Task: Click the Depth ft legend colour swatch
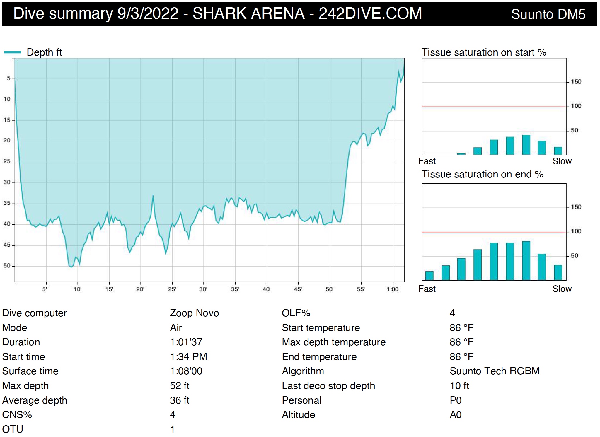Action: (13, 52)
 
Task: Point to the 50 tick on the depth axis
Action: (7, 266)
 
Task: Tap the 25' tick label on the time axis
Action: (172, 289)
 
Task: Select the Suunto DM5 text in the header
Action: (548, 14)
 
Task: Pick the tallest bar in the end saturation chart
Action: (526, 261)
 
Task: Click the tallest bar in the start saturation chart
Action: (526, 145)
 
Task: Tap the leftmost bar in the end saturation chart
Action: (429, 276)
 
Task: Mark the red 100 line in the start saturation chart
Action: (494, 107)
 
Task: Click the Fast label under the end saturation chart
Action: (427, 289)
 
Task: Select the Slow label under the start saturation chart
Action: (562, 161)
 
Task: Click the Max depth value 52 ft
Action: (180, 385)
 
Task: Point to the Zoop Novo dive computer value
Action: (195, 313)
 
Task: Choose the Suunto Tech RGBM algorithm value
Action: (495, 371)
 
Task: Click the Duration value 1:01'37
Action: (186, 342)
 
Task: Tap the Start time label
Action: (24, 356)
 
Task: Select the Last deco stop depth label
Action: (328, 385)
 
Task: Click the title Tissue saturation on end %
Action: (483, 174)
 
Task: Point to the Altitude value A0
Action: (456, 414)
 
